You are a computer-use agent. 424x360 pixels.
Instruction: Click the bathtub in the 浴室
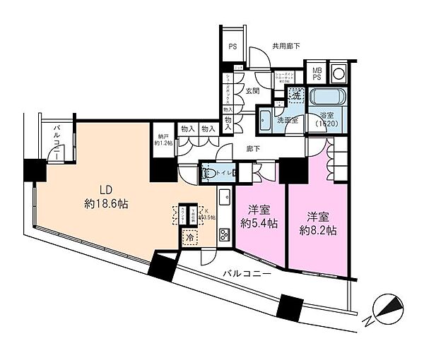click(326, 96)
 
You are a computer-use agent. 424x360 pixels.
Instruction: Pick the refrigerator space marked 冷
click(189, 239)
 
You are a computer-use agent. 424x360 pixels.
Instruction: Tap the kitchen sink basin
click(224, 197)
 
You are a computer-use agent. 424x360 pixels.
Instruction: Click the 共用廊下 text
click(288, 47)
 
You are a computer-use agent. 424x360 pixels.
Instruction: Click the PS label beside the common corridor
click(232, 48)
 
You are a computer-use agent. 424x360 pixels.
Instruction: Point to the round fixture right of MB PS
click(338, 73)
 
